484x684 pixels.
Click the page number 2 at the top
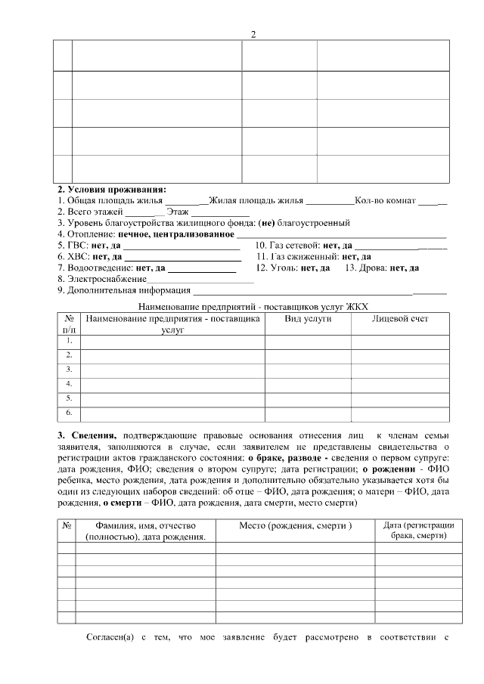pyautogui.click(x=253, y=34)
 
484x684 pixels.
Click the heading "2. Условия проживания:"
pyautogui.click(x=112, y=190)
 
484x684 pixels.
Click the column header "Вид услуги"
pyautogui.click(x=307, y=319)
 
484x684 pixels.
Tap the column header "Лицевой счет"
pyautogui.click(x=399, y=319)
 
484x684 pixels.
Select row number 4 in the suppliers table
pyautogui.click(x=69, y=384)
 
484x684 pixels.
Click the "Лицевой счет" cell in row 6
pyautogui.click(x=399, y=413)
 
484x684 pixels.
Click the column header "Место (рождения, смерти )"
pyautogui.click(x=296, y=525)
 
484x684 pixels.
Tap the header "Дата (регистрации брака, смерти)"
pyautogui.click(x=418, y=530)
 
